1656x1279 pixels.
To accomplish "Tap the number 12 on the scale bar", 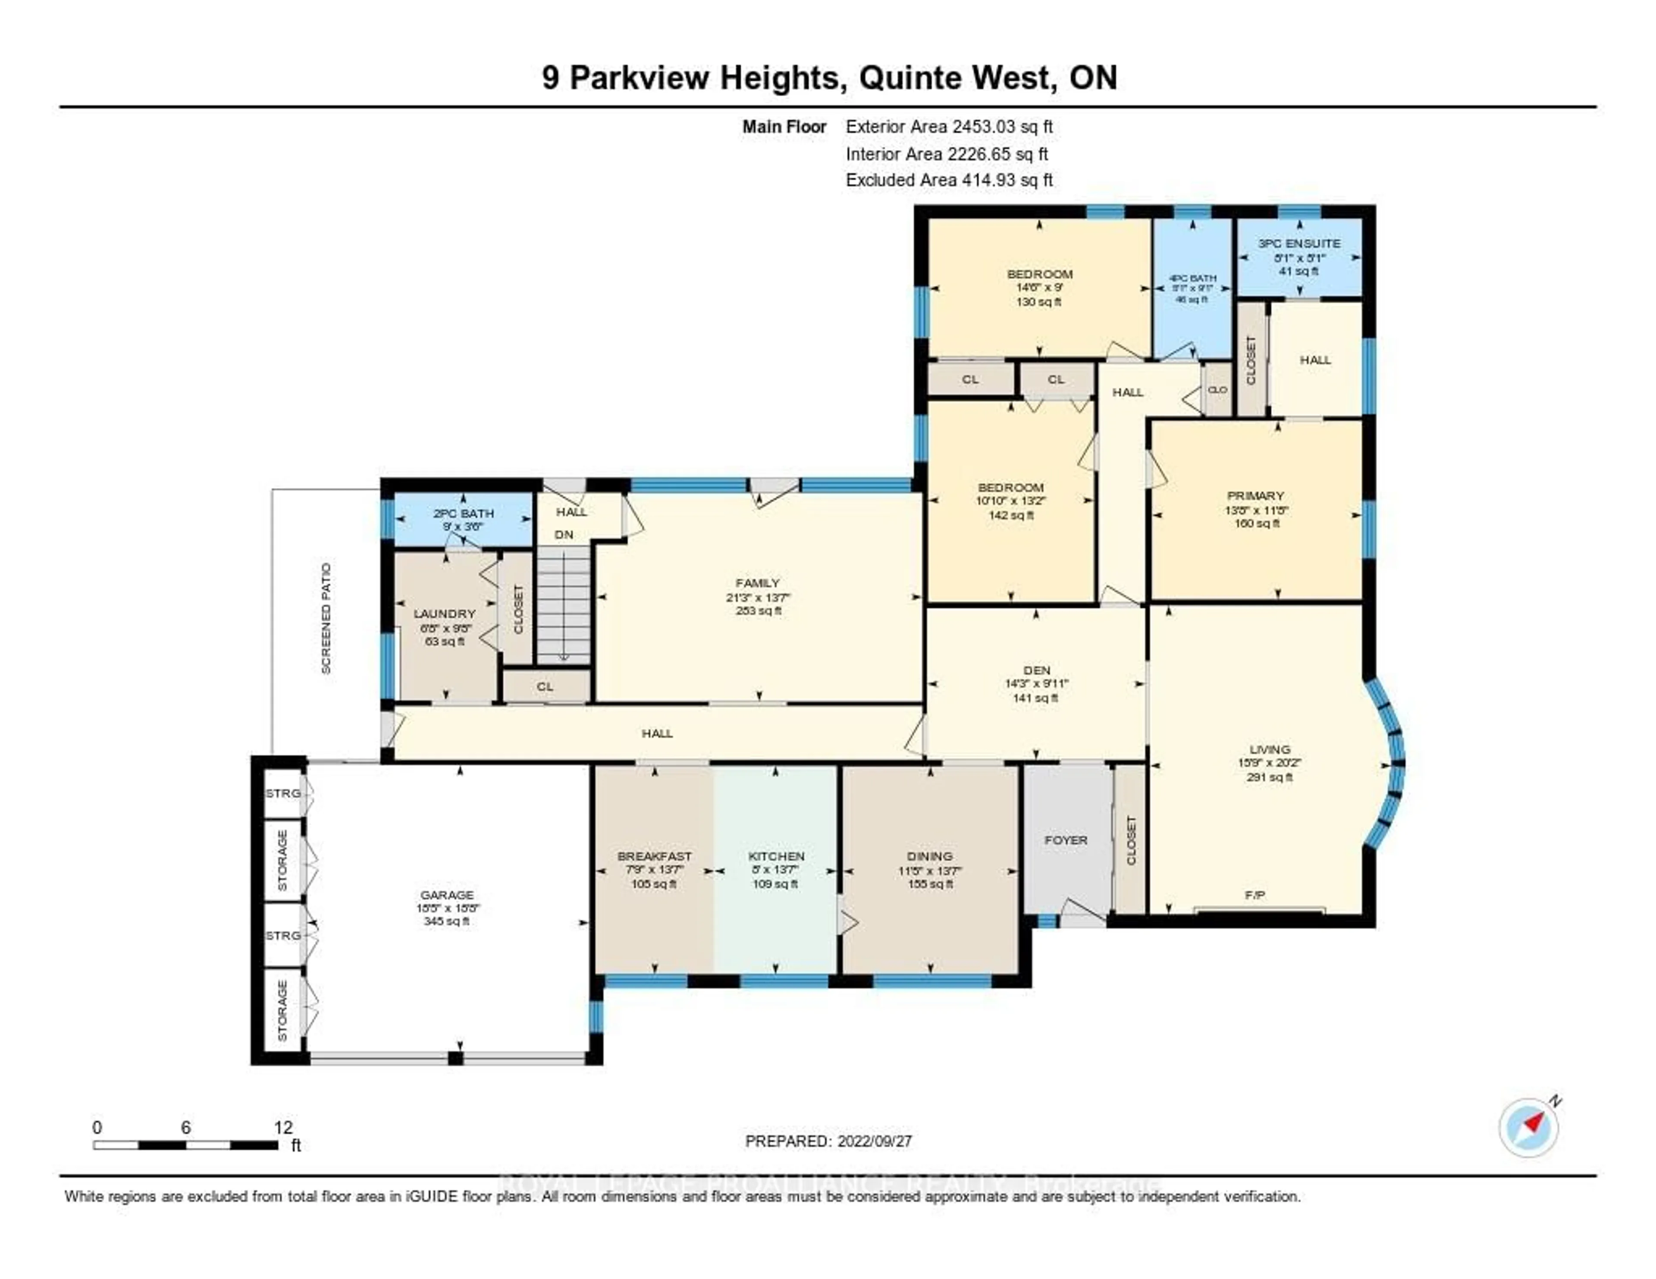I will click(x=283, y=1127).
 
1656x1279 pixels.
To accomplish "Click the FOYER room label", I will click(x=1065, y=840).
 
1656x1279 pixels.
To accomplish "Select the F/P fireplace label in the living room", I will click(x=1255, y=895).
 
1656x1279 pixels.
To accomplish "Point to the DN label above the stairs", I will click(x=563, y=534).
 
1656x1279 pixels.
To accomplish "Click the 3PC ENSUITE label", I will click(x=1299, y=243).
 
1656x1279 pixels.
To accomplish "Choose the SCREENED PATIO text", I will click(x=326, y=618).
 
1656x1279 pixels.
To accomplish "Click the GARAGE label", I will click(x=447, y=895).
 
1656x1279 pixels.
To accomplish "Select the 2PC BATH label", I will click(x=463, y=513).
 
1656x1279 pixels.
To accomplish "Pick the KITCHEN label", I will click(x=776, y=856).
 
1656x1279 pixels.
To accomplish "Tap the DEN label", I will click(x=1037, y=670).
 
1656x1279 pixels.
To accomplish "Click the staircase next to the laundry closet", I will click(x=563, y=607).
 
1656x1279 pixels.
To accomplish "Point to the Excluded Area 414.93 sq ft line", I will click(x=949, y=180).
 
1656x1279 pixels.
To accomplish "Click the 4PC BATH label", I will click(x=1193, y=278).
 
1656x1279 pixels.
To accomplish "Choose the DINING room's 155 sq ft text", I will click(x=930, y=884).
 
